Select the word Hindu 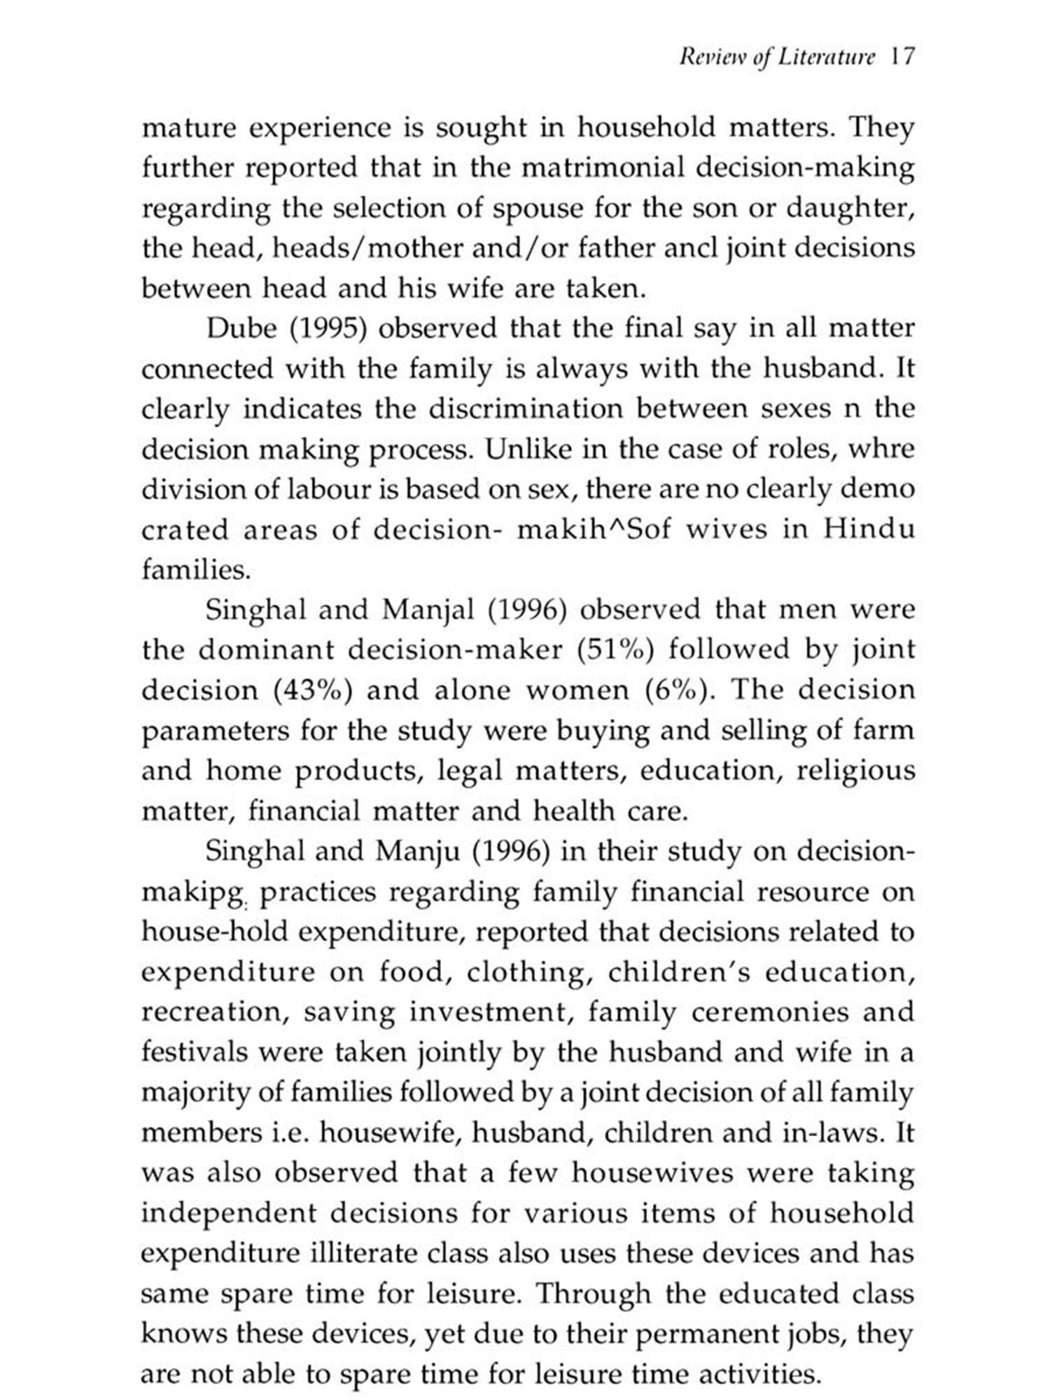point(868,530)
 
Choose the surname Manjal point(428,610)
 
